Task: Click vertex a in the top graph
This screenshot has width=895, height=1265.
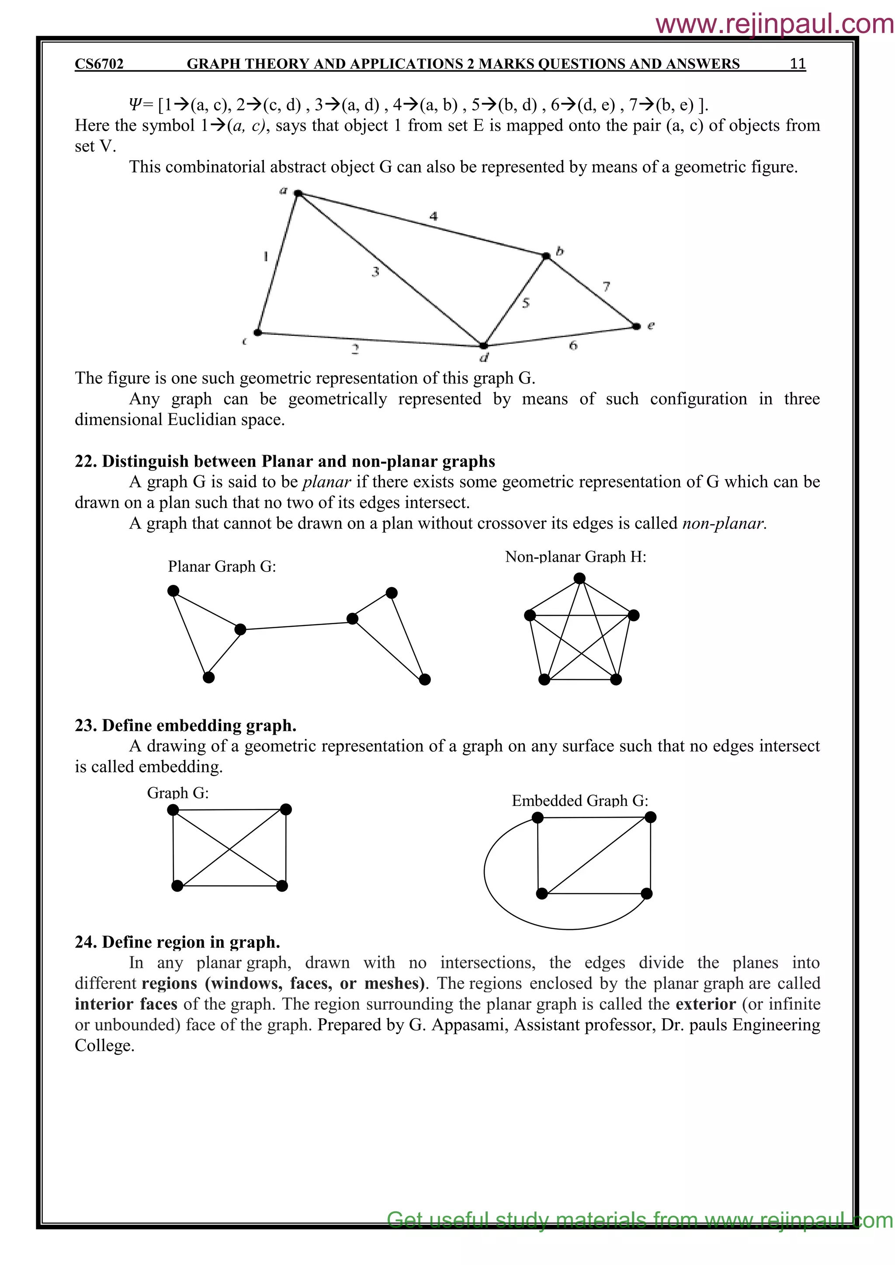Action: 298,194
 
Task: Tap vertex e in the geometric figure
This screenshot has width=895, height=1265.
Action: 637,327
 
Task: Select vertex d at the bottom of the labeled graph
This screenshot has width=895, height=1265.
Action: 483,346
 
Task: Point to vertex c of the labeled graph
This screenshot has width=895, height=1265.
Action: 257,332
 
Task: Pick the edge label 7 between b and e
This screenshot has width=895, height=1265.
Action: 606,287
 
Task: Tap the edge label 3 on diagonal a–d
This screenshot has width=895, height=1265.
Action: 375,272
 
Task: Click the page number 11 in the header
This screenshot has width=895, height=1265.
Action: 798,64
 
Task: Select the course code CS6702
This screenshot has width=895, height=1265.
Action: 99,64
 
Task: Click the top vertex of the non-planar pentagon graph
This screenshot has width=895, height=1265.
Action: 579,578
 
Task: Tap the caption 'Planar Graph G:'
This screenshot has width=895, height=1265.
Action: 222,567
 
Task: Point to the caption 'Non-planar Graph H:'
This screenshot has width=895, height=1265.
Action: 576,557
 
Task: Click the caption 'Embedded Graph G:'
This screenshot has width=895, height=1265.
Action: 580,801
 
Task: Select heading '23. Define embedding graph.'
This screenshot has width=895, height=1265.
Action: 186,726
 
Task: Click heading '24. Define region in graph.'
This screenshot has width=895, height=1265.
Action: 177,942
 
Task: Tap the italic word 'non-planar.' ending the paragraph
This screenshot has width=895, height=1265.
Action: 724,523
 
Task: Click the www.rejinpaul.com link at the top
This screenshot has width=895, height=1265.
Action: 774,24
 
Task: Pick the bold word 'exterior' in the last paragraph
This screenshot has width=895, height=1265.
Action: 705,1004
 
